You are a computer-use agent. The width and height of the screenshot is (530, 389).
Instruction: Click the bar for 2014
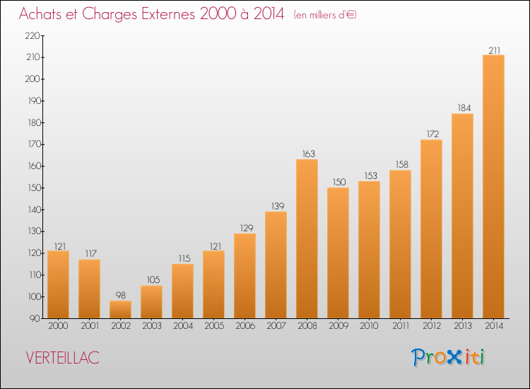493,187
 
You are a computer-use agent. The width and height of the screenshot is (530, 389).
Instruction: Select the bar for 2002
120,310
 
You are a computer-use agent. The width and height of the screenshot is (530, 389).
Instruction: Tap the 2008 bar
307,239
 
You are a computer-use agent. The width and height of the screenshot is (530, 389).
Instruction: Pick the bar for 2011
400,244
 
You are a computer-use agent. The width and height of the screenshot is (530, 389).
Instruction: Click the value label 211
494,50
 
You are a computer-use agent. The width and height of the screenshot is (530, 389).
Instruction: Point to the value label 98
120,296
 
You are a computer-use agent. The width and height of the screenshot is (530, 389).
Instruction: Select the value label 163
308,154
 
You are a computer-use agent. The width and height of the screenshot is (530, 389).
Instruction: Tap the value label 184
464,108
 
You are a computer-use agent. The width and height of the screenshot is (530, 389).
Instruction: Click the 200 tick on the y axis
33,79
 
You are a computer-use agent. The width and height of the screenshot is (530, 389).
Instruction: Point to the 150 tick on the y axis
34,188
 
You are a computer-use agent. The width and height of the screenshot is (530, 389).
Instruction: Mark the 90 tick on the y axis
35,319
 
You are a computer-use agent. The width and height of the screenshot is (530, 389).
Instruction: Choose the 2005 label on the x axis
214,326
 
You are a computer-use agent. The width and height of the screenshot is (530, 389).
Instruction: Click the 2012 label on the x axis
432,326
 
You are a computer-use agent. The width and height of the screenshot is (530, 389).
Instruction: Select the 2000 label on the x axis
58,326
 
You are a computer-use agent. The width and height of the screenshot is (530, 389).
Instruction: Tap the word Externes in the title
168,13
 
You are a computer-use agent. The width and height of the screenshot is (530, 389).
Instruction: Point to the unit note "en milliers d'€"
325,15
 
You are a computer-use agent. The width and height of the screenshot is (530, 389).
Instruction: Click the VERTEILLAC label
62,358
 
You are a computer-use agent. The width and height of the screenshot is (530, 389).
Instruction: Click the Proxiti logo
448,357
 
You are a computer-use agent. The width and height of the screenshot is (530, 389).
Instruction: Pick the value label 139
278,206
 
